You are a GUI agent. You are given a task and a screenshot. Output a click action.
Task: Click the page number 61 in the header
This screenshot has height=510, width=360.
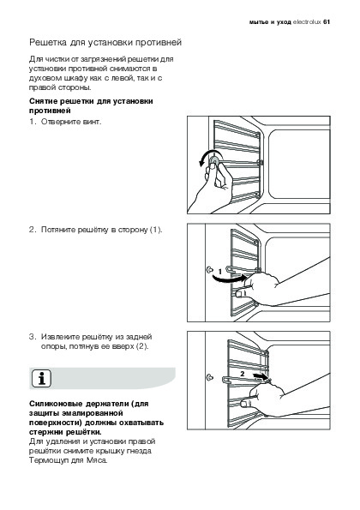tap(327, 22)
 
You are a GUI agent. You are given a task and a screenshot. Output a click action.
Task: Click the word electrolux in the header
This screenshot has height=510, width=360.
tap(307, 22)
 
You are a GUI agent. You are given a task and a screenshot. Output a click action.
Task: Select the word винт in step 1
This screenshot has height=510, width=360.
tap(92, 122)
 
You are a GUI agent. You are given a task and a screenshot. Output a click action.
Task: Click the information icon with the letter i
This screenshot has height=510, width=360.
tap(42, 379)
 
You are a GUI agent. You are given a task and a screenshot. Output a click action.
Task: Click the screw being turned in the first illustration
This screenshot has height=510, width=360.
tap(214, 160)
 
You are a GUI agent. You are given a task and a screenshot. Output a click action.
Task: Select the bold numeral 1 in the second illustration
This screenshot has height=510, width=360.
tap(220, 271)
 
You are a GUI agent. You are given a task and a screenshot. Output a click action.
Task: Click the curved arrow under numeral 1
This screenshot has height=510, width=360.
tap(228, 279)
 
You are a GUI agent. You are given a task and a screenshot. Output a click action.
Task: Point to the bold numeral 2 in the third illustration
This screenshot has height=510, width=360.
tap(243, 374)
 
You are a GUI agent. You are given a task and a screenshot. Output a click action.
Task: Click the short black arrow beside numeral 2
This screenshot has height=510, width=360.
tap(261, 377)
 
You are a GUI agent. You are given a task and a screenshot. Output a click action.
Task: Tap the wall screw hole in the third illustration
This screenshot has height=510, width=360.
tap(210, 378)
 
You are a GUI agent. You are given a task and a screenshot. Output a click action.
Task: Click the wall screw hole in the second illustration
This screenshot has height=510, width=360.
tap(209, 269)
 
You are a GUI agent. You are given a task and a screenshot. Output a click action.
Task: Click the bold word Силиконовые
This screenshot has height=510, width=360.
tap(56, 404)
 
